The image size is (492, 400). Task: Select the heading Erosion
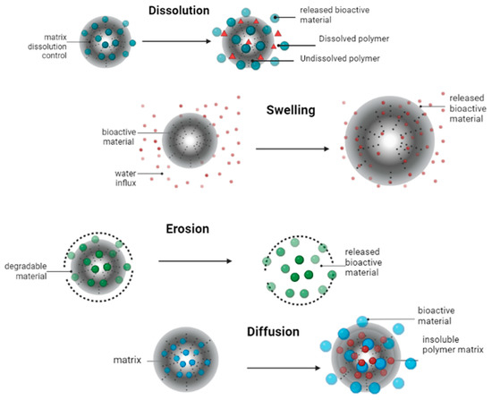point(182,229)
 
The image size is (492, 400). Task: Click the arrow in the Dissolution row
point(168,41)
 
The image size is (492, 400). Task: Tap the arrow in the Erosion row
point(194,261)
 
